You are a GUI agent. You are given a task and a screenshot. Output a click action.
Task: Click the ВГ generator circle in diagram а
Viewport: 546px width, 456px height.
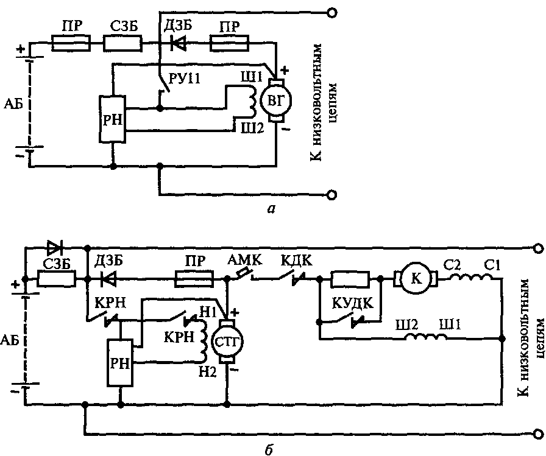click(x=276, y=101)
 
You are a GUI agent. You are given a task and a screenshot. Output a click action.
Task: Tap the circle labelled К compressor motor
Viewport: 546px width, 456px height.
click(x=416, y=279)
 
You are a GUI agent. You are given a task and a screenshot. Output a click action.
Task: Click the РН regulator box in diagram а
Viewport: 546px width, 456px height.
click(x=113, y=119)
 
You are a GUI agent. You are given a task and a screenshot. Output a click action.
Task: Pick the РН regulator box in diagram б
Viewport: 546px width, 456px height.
click(x=120, y=362)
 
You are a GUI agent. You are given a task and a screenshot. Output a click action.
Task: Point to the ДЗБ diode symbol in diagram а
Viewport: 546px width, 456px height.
click(x=178, y=43)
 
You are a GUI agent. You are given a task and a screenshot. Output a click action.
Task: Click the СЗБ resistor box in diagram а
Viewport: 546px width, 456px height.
click(x=123, y=43)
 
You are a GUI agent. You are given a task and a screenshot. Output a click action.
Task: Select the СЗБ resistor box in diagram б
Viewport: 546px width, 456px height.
click(x=57, y=279)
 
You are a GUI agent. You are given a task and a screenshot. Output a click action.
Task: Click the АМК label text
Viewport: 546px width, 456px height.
click(x=245, y=260)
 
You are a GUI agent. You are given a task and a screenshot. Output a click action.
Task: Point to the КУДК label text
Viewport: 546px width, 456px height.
click(x=352, y=303)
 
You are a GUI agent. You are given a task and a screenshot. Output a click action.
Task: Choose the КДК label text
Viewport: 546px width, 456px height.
click(x=297, y=260)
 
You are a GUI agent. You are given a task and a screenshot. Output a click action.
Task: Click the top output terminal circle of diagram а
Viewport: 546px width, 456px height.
click(x=332, y=13)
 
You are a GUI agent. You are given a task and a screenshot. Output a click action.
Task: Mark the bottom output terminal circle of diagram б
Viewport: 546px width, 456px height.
click(x=538, y=433)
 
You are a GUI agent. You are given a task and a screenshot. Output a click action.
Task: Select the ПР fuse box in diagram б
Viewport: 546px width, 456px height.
click(x=194, y=279)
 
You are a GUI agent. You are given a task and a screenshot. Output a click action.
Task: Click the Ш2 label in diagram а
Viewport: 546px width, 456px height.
click(x=252, y=128)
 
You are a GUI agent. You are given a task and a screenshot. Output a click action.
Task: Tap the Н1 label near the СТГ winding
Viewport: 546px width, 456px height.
click(x=208, y=312)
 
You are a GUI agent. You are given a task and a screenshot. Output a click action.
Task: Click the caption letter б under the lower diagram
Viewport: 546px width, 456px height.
click(x=268, y=448)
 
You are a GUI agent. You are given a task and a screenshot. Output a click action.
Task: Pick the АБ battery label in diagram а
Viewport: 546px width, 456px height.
click(x=13, y=104)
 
